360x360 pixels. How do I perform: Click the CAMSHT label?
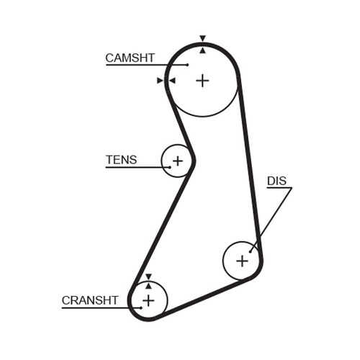[130, 58]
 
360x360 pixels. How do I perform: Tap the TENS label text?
[122, 160]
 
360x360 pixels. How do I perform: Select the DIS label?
[276, 181]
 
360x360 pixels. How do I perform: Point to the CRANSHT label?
[90, 300]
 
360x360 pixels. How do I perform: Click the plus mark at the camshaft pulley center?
[202, 81]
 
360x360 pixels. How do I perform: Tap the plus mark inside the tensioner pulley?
[178, 161]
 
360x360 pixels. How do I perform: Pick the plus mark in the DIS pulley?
[242, 261]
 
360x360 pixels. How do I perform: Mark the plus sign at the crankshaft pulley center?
[148, 300]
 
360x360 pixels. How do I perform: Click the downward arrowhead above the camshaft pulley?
[202, 38]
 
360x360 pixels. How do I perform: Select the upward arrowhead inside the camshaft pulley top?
[203, 50]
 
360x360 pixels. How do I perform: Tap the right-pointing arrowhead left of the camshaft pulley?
[160, 81]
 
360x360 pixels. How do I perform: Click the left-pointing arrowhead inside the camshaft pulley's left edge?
[172, 81]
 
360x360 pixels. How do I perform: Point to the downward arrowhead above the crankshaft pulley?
[148, 276]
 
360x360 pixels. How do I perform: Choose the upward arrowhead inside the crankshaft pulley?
[148, 286]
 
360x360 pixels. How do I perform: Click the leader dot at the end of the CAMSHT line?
[187, 65]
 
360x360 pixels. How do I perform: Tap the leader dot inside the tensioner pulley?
[170, 167]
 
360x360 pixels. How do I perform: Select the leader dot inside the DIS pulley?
[250, 252]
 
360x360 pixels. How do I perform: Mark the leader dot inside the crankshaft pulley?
[141, 307]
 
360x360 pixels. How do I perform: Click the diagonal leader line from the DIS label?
[271, 220]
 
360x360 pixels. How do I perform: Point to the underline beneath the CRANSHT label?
[102, 307]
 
